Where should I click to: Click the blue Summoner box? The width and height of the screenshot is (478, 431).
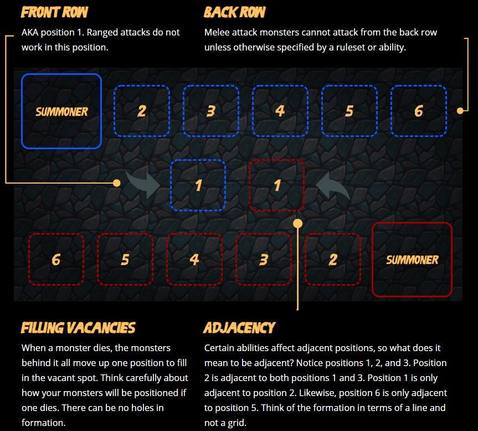pyautogui.click(x=61, y=111)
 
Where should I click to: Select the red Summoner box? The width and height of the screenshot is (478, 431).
pyautogui.click(x=412, y=260)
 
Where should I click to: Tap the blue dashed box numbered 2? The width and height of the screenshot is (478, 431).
pyautogui.click(x=142, y=111)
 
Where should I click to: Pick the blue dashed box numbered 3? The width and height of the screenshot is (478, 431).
pyautogui.click(x=211, y=111)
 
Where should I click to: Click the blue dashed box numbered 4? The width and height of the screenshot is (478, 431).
pyautogui.click(x=280, y=111)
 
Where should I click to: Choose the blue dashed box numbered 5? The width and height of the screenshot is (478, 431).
pyautogui.click(x=349, y=111)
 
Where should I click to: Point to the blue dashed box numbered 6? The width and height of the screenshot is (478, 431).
pyautogui.click(x=419, y=111)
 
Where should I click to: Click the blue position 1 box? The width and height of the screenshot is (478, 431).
pyautogui.click(x=198, y=185)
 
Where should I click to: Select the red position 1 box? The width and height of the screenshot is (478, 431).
pyautogui.click(x=276, y=185)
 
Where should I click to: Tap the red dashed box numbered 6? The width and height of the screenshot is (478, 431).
pyautogui.click(x=56, y=260)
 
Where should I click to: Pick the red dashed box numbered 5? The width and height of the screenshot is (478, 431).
pyautogui.click(x=125, y=260)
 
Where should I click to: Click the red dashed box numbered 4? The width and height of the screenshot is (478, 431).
pyautogui.click(x=194, y=260)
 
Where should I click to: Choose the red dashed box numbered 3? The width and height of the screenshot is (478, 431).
pyautogui.click(x=264, y=260)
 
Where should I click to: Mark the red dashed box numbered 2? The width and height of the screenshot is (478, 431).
pyautogui.click(x=332, y=260)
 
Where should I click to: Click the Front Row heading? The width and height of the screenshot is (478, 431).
pyautogui.click(x=55, y=12)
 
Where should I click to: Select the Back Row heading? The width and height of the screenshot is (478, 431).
pyautogui.click(x=234, y=12)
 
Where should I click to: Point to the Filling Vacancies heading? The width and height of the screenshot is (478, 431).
pyautogui.click(x=78, y=328)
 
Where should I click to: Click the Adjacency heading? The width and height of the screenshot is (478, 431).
pyautogui.click(x=239, y=328)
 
